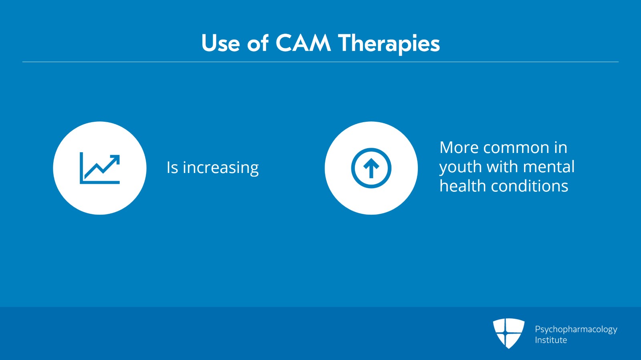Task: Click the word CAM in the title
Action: (303, 43)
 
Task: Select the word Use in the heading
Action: (220, 43)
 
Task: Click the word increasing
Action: (221, 168)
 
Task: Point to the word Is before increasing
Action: (172, 167)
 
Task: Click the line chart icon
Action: (100, 168)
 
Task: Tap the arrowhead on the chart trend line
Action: (115, 159)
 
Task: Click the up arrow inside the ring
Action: (371, 168)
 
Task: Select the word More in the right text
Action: (459, 147)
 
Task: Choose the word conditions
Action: (529, 186)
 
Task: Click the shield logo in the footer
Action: (508, 334)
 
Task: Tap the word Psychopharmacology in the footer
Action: (576, 330)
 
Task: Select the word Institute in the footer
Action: (551, 340)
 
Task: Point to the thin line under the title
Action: (320, 62)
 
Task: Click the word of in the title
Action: (258, 43)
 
